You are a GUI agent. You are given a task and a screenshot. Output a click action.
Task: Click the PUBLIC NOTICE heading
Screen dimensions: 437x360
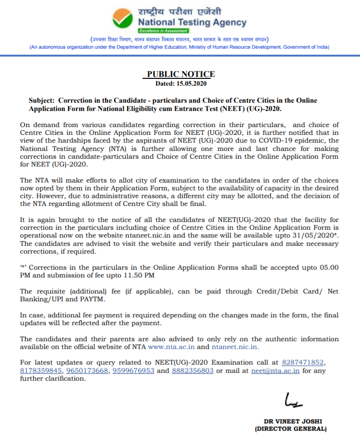pos(180,74)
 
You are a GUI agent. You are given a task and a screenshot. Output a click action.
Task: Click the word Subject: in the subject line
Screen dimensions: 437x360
pos(41,100)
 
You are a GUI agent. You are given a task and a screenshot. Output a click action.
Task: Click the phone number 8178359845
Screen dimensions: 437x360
pos(41,370)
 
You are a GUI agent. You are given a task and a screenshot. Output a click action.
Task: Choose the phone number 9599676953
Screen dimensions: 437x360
pos(134,370)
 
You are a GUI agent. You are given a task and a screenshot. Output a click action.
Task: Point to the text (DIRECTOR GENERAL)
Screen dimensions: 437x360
pos(291,429)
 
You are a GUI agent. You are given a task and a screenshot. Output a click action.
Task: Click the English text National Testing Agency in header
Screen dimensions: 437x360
pos(192,22)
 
